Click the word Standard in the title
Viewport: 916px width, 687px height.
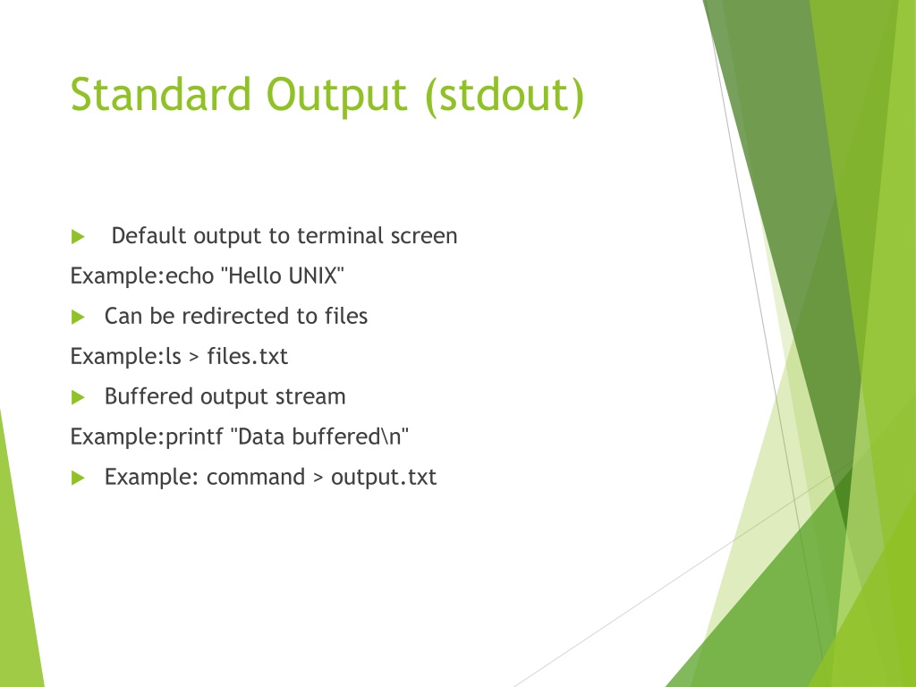pos(161,94)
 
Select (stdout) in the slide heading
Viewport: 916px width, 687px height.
pos(505,97)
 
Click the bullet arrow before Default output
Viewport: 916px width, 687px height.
pos(78,236)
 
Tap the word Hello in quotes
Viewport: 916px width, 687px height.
pos(255,276)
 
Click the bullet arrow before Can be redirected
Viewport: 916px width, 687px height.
pos(78,318)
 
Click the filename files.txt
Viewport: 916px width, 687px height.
pos(247,356)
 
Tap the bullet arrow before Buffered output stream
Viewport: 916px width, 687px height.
pos(78,398)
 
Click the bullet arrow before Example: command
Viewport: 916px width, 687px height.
pos(78,479)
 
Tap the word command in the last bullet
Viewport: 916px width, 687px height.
pos(256,478)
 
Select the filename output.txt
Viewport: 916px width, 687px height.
pos(383,478)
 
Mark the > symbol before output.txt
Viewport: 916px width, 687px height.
pos(318,479)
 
